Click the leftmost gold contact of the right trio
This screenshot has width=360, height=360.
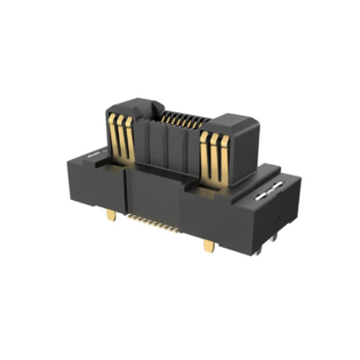pyautogui.click(x=203, y=155)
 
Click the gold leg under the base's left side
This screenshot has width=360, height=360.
pyautogui.click(x=111, y=216)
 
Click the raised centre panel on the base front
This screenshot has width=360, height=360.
pyautogui.click(x=155, y=193)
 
